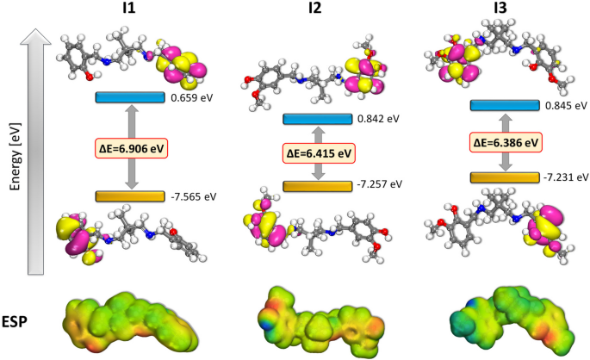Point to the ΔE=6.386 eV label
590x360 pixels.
tap(511, 140)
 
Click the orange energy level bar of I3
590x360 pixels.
tap(510, 177)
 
